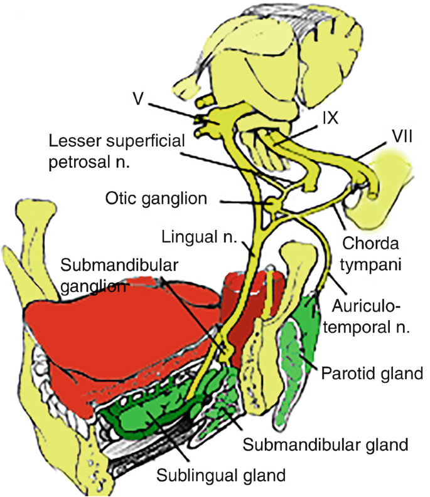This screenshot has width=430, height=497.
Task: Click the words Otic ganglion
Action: (156, 200)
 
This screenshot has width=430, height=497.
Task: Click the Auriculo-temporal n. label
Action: (373, 316)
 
